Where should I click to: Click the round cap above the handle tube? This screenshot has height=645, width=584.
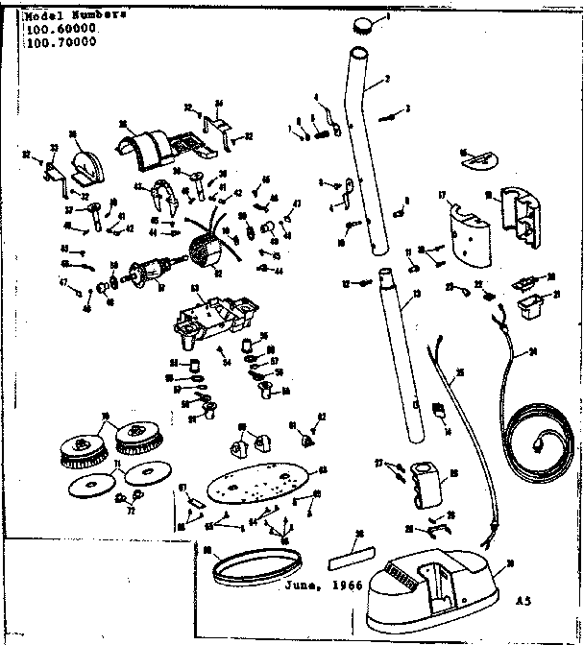click(x=364, y=24)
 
